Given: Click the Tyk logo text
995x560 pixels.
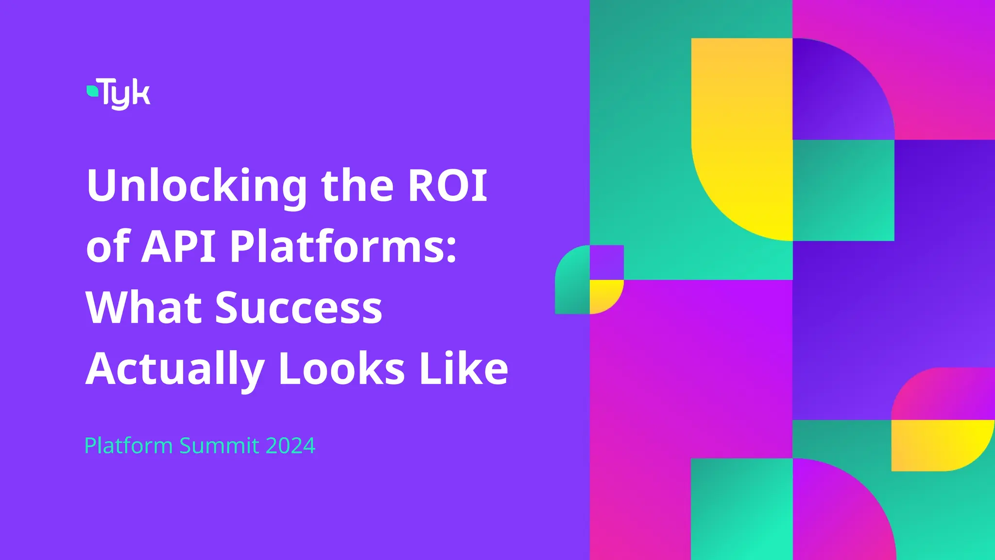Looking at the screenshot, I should point(126,93).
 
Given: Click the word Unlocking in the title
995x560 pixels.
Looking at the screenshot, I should point(197,186).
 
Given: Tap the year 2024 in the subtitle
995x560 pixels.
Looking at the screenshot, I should point(291,446).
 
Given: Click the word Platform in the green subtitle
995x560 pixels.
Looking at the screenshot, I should point(128,446).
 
